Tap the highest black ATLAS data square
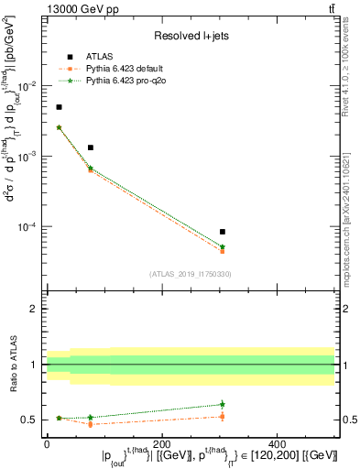point(60,107)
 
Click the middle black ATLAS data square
point(91,147)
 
